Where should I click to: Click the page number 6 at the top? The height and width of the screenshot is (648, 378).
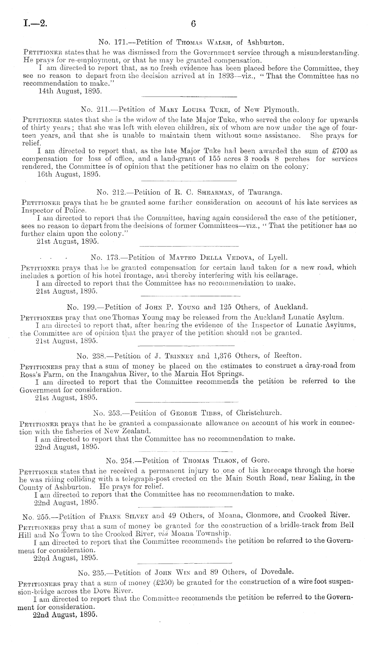pos(194,24)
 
